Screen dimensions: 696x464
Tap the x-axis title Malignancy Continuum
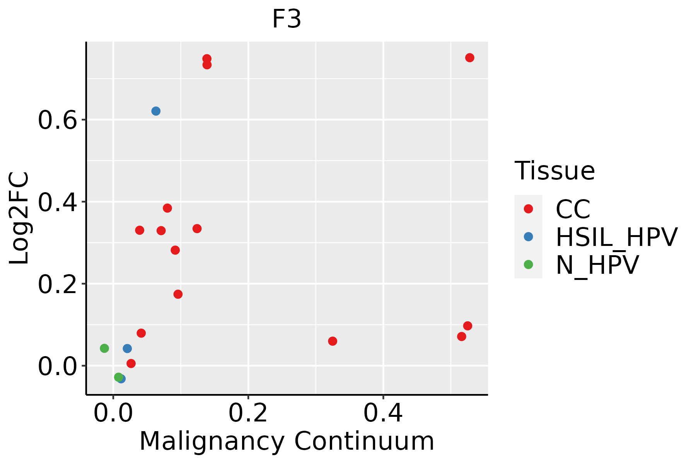point(287,442)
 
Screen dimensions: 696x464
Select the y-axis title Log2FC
point(19,218)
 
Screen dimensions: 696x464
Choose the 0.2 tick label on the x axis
point(248,414)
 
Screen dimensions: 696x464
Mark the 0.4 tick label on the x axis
point(383,414)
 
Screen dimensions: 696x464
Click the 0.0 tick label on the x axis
point(113,414)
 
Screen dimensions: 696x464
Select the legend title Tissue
point(555,171)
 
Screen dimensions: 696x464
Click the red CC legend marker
point(528,209)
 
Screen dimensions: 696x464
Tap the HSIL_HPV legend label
point(617,237)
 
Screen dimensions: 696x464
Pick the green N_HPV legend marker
point(528,264)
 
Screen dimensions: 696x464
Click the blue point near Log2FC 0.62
point(156,111)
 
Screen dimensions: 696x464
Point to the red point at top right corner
point(470,58)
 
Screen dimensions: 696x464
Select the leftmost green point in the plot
point(104,348)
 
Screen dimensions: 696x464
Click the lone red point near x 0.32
point(333,341)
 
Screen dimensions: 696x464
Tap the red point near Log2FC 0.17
point(178,294)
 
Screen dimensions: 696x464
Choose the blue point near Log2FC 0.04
point(127,348)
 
